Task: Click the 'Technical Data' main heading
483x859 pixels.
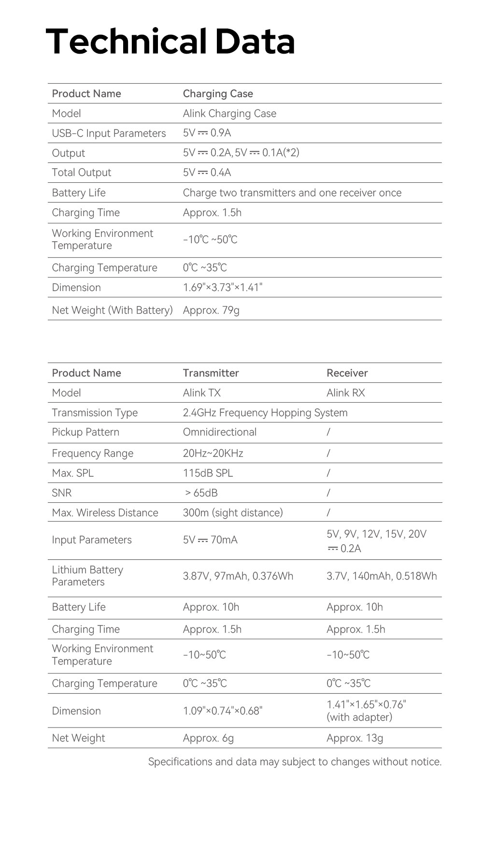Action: pyautogui.click(x=170, y=42)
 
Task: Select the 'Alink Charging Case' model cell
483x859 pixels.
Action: pyautogui.click(x=229, y=114)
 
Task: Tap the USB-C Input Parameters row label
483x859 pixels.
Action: pyautogui.click(x=109, y=133)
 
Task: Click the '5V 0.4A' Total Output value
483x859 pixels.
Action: pyautogui.click(x=207, y=173)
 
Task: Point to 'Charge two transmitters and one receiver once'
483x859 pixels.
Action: pyautogui.click(x=292, y=193)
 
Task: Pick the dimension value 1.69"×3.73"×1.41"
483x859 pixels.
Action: pyautogui.click(x=222, y=288)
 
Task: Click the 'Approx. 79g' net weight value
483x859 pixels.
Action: pyautogui.click(x=211, y=310)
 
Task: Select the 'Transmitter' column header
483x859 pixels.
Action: pyautogui.click(x=211, y=373)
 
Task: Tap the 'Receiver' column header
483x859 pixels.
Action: pyautogui.click(x=347, y=373)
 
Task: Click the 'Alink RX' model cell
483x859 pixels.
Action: pyautogui.click(x=345, y=393)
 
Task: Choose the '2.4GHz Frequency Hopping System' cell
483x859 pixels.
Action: pyautogui.click(x=265, y=413)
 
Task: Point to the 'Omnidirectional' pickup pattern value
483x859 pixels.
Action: pyautogui.click(x=219, y=432)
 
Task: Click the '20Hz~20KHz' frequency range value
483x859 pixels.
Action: pyautogui.click(x=213, y=453)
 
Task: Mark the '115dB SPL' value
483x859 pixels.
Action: pyautogui.click(x=208, y=473)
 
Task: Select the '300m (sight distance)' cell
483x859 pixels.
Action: pyautogui.click(x=233, y=513)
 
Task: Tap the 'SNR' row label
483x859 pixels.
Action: pyautogui.click(x=62, y=493)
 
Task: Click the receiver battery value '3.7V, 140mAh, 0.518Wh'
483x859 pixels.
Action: pyautogui.click(x=382, y=576)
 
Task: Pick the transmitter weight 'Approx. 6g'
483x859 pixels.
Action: pyautogui.click(x=208, y=738)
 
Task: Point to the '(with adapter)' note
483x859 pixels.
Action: pyautogui.click(x=359, y=717)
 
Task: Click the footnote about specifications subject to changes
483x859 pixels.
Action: pyautogui.click(x=295, y=762)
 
